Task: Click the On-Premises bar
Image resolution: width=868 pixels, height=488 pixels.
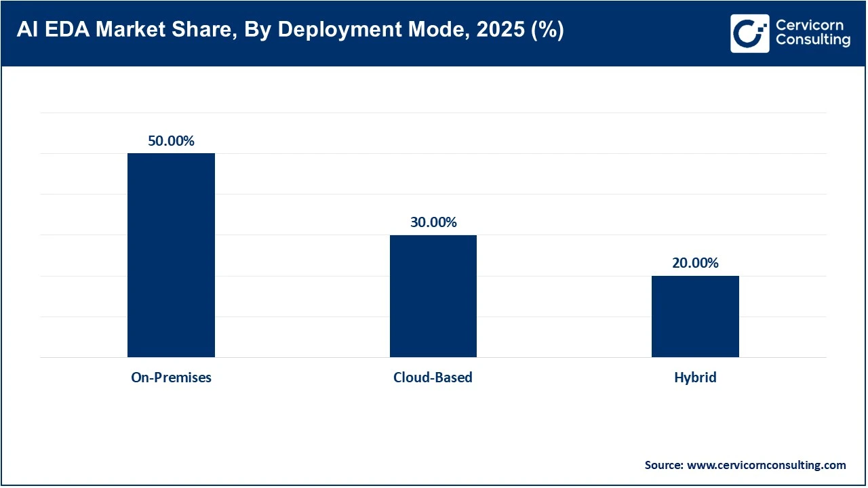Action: point(171,255)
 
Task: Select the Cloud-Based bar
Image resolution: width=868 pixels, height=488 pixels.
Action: point(433,296)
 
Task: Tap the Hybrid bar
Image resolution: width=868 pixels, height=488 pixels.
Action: point(695,316)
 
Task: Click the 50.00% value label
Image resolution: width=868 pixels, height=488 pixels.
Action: point(171,141)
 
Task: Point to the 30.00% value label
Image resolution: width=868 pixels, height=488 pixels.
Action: point(433,222)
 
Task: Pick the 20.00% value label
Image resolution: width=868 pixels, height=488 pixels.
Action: point(695,263)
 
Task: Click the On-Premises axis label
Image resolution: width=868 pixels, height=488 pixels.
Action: point(171,378)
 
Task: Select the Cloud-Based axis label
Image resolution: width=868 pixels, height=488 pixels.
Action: point(433,378)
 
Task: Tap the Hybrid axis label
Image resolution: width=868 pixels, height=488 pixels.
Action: point(695,378)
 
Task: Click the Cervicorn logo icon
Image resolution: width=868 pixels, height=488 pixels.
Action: point(749,33)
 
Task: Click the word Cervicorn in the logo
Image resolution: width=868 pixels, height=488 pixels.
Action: point(809,26)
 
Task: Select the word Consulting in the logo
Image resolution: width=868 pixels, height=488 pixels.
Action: point(812,41)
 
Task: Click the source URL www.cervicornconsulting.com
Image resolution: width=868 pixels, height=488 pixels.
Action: point(766,465)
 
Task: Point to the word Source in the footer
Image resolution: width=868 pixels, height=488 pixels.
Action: point(663,465)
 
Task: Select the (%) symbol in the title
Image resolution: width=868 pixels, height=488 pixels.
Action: point(547,31)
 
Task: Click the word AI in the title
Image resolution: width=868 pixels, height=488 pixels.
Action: point(27,31)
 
